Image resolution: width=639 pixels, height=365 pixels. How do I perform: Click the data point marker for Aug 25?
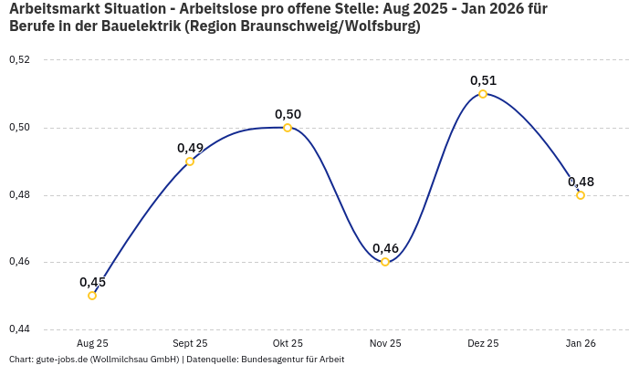point(92,296)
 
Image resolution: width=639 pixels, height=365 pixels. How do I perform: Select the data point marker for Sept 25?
point(190,162)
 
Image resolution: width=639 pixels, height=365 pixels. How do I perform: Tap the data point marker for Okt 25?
point(288,128)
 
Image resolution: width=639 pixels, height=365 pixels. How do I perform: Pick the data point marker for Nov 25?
point(385,262)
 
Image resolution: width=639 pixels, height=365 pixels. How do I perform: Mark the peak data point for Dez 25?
point(483,94)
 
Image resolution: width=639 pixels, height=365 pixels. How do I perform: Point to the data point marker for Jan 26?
point(581,195)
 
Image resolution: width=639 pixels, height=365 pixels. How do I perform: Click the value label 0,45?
point(92,282)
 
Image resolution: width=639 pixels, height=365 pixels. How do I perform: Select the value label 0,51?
point(483,80)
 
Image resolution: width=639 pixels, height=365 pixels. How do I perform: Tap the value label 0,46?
point(385,248)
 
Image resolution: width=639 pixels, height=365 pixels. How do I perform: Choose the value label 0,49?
point(190,148)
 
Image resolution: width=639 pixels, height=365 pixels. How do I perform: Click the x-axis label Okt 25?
point(288,343)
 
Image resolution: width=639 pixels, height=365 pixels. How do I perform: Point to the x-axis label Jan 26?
point(581,343)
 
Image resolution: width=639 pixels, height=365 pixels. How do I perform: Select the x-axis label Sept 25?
point(190,343)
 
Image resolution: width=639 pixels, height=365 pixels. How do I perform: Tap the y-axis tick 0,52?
point(19,60)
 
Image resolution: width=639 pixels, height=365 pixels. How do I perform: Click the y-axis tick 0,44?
point(19,328)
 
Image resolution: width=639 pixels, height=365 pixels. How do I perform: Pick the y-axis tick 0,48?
point(19,194)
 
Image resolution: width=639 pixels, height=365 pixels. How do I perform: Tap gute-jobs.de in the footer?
point(61,360)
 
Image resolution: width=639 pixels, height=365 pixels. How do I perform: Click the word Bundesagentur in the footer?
point(267,360)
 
